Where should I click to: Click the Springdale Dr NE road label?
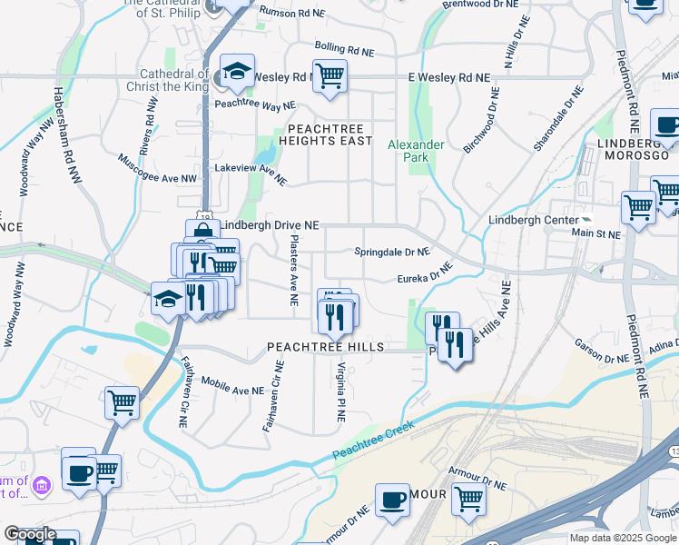(x=391, y=251)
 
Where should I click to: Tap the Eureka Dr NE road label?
(x=425, y=275)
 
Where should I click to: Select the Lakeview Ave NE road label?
(x=250, y=174)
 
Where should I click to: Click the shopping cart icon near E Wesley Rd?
(x=330, y=75)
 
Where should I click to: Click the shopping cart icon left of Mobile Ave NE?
(x=122, y=401)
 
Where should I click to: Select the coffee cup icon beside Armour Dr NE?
(x=393, y=499)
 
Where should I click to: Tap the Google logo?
(x=30, y=535)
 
